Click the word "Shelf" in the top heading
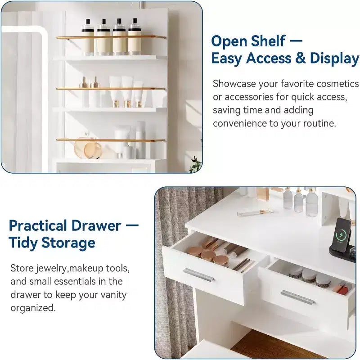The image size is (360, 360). coord(268,41)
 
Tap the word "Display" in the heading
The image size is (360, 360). coord(334,58)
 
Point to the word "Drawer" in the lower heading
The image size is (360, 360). coord(96,225)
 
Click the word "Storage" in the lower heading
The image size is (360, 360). coord(68,243)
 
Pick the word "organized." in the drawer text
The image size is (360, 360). coord(33,308)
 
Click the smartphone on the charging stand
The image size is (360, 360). coord(342,235)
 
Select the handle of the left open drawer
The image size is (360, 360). coord(198,274)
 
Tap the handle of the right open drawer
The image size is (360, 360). coord(297,297)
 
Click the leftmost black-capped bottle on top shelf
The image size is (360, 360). coord(88,37)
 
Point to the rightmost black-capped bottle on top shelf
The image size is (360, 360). coord(135,37)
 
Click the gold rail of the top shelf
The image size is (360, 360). coord(111,37)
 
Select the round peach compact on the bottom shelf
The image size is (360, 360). coord(92,150)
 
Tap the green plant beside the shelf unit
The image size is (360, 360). coord(196,164)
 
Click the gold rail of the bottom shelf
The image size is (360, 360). coord(110,140)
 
